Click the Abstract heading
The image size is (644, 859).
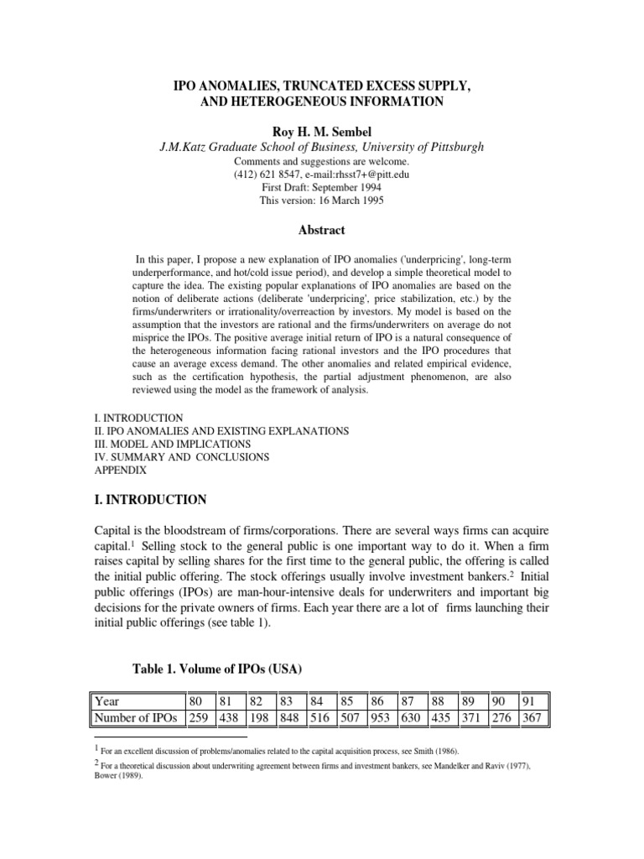pos(322,229)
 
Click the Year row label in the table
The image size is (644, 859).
pos(108,701)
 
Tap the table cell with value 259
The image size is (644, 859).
pos(202,718)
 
